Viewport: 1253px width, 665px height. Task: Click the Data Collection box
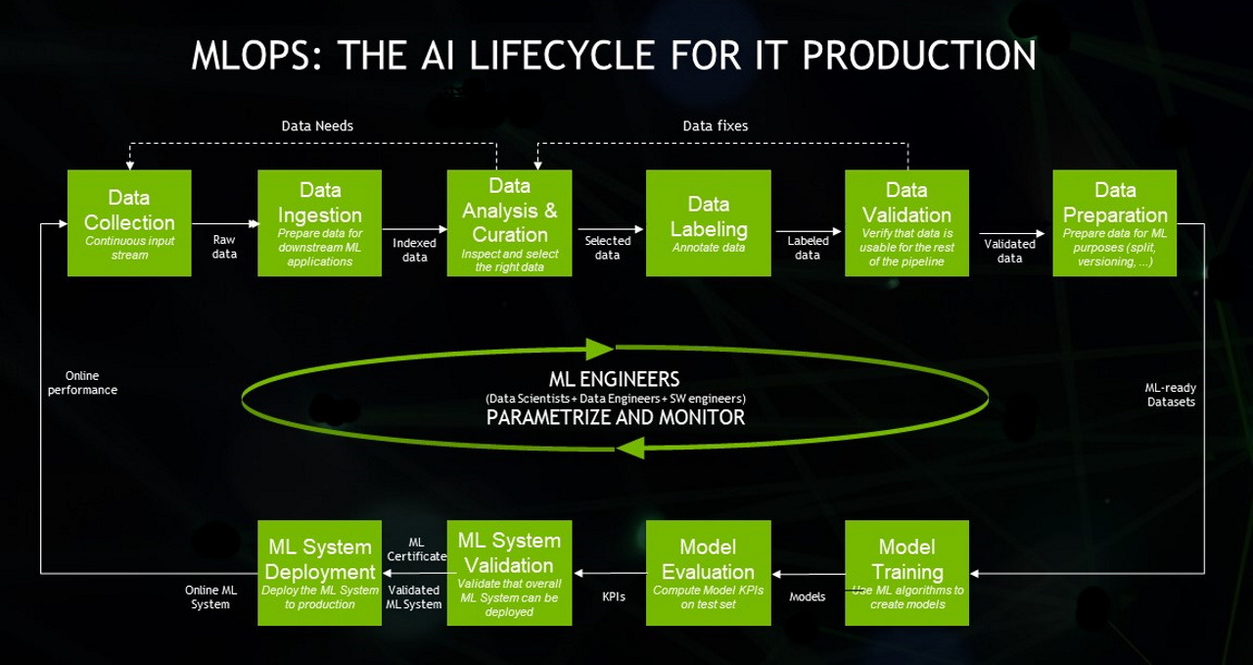(128, 223)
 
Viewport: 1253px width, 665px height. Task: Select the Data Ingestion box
(319, 223)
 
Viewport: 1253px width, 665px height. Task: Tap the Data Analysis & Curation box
(509, 223)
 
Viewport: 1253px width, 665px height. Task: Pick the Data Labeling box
(708, 223)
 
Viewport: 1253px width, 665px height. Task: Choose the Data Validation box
(906, 223)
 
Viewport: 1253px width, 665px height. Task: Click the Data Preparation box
(1115, 223)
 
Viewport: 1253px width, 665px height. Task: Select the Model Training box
(906, 573)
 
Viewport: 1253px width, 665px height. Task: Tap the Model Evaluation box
(708, 573)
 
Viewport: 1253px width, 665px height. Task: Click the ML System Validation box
(509, 573)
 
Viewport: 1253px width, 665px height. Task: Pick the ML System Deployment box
(319, 573)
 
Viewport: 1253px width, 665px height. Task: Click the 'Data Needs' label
(317, 126)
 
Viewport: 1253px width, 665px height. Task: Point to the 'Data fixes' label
(715, 126)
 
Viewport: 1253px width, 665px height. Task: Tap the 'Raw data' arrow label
(224, 247)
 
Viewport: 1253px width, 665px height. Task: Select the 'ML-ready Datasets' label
(1171, 395)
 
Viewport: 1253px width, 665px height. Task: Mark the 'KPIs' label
(614, 596)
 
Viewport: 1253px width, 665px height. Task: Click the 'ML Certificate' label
(416, 549)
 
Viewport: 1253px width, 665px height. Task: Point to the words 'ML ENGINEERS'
(615, 379)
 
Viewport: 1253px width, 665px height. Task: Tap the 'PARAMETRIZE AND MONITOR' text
(615, 418)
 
